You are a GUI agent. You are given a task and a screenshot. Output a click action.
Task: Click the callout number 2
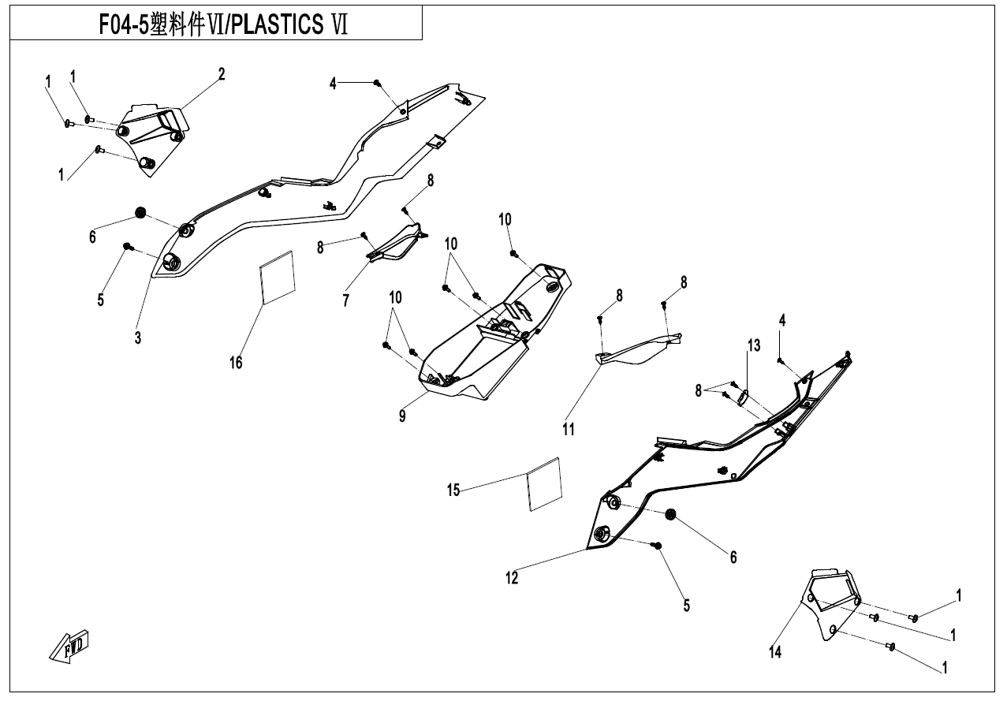222,74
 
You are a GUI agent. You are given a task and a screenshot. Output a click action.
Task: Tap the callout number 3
138,337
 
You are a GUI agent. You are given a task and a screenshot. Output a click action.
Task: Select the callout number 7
345,300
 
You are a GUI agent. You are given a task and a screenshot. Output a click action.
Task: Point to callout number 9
402,416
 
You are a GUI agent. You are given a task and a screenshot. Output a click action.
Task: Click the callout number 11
569,429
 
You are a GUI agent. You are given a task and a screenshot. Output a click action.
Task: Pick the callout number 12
512,579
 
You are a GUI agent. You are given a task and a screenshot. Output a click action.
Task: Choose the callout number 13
754,345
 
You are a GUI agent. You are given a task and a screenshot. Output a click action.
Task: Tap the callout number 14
775,651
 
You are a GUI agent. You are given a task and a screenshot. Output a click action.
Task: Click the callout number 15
453,490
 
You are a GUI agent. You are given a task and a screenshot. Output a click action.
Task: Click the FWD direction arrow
69,645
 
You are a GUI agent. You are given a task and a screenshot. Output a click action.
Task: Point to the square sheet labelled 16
278,277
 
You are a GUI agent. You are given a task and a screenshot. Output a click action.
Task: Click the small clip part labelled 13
743,397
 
